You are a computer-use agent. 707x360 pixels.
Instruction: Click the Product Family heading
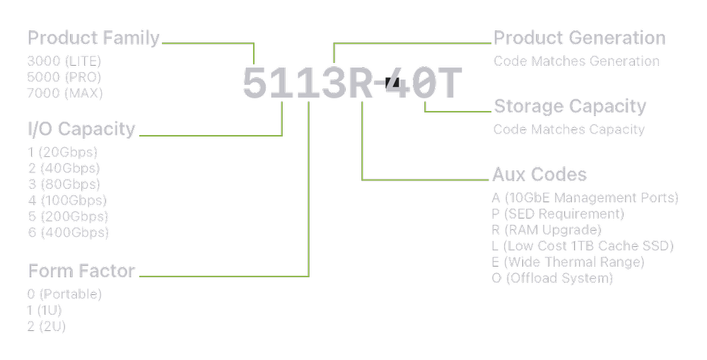[x=93, y=37]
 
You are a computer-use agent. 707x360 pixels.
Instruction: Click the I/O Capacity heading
[x=81, y=129]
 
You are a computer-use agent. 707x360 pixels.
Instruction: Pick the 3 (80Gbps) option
[x=62, y=184]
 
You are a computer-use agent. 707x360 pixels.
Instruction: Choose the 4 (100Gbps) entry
[x=66, y=200]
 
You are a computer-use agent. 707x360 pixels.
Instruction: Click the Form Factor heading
[x=81, y=271]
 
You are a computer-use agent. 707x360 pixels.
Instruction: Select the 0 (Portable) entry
[x=65, y=294]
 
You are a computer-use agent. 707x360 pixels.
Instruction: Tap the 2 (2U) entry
[x=47, y=326]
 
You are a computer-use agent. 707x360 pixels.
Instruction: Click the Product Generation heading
[x=579, y=37]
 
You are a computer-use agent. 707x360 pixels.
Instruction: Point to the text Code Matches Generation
[x=576, y=61]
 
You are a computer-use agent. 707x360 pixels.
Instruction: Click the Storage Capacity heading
[x=570, y=106]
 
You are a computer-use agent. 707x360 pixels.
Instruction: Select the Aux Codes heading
[x=539, y=174]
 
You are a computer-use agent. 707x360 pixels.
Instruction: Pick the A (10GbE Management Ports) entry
[x=585, y=197]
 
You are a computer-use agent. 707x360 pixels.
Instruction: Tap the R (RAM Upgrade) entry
[x=547, y=230]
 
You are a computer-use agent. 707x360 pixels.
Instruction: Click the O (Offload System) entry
[x=552, y=279]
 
